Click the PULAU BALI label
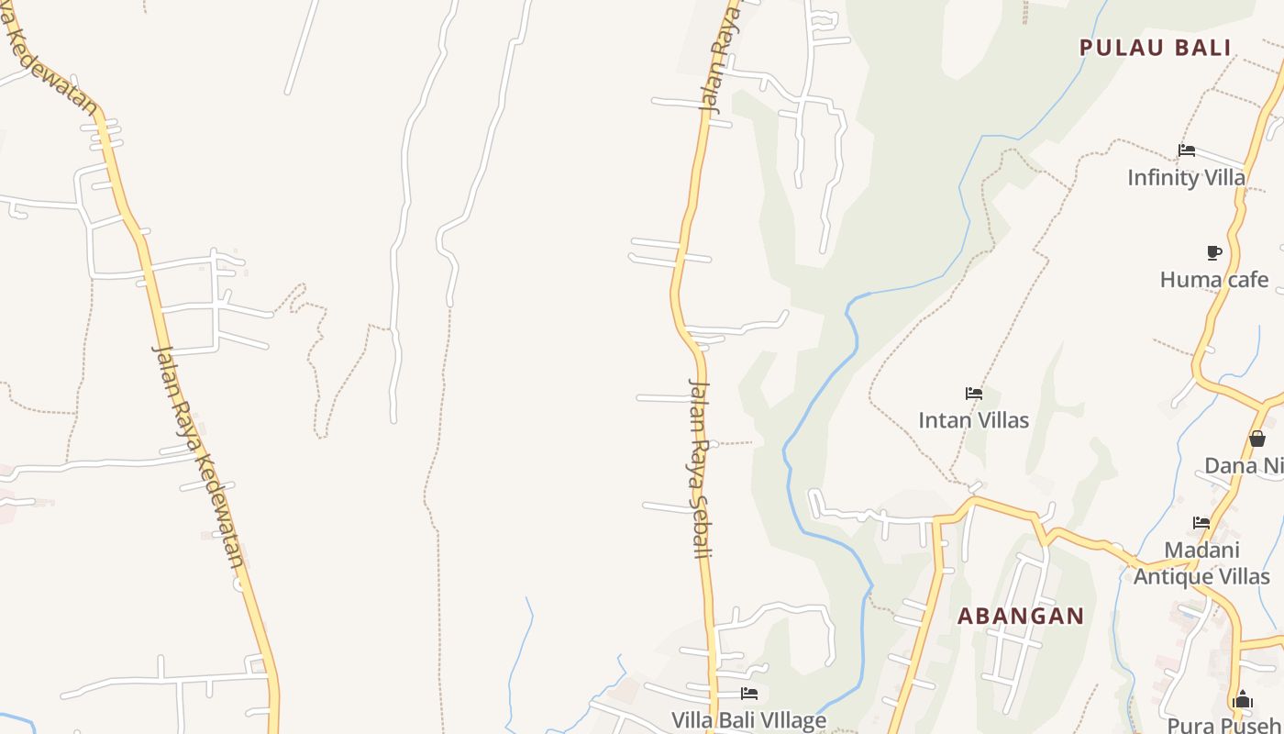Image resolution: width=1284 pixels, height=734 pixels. (x=1155, y=48)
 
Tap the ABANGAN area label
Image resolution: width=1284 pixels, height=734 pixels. (x=1021, y=616)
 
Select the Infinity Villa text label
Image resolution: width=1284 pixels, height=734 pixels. (x=1186, y=177)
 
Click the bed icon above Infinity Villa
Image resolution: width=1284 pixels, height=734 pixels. (x=1187, y=150)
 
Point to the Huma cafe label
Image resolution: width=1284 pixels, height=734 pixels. (x=1214, y=279)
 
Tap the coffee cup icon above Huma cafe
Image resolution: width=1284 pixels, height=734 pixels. (x=1214, y=252)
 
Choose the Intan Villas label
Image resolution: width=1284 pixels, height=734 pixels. (x=973, y=420)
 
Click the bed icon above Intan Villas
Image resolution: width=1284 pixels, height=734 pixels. (x=974, y=394)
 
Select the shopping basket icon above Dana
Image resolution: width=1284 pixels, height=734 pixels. (x=1257, y=439)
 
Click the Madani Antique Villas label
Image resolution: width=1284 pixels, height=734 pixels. (x=1201, y=563)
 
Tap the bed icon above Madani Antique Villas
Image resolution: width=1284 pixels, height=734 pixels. (x=1201, y=523)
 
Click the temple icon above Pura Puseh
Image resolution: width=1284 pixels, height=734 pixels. (x=1243, y=700)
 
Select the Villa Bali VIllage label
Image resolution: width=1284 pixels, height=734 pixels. (x=748, y=720)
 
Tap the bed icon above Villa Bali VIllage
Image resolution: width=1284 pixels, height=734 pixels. (x=749, y=694)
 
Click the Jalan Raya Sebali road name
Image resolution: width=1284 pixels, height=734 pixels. (x=700, y=468)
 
